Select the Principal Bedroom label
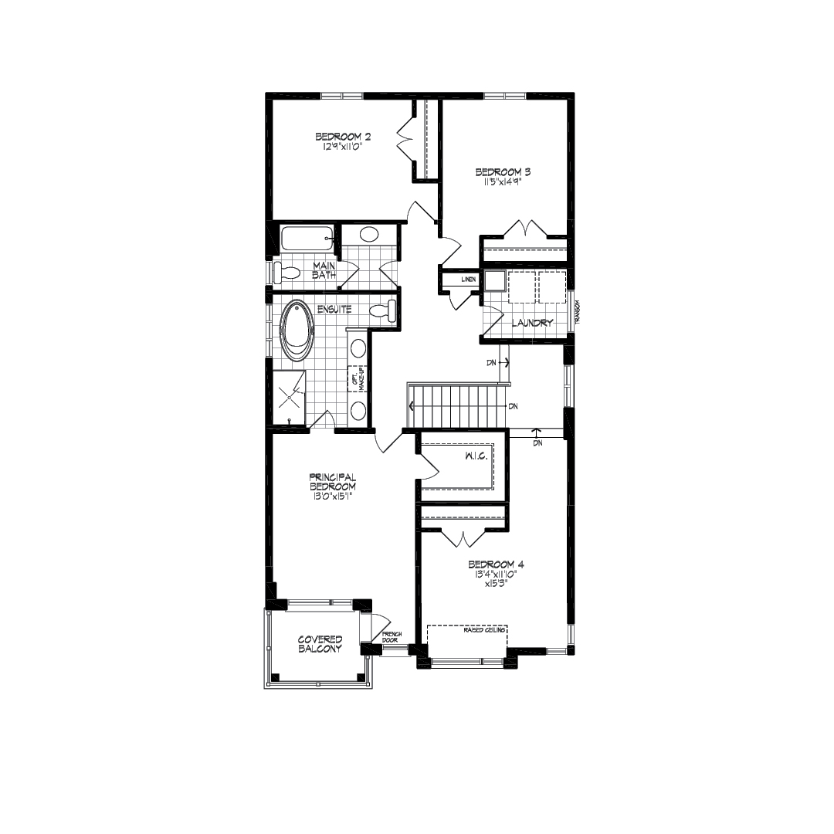[x=332, y=482]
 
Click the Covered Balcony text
[x=320, y=644]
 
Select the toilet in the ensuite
[x=383, y=311]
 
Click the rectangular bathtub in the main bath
[x=308, y=239]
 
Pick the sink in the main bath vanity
[x=368, y=234]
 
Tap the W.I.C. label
[x=476, y=456]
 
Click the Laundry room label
[x=532, y=322]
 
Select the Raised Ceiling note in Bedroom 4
[x=484, y=630]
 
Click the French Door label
[x=392, y=636]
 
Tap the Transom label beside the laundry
[x=577, y=312]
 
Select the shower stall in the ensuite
[x=289, y=398]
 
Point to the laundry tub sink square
[x=494, y=280]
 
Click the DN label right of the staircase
[x=513, y=406]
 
